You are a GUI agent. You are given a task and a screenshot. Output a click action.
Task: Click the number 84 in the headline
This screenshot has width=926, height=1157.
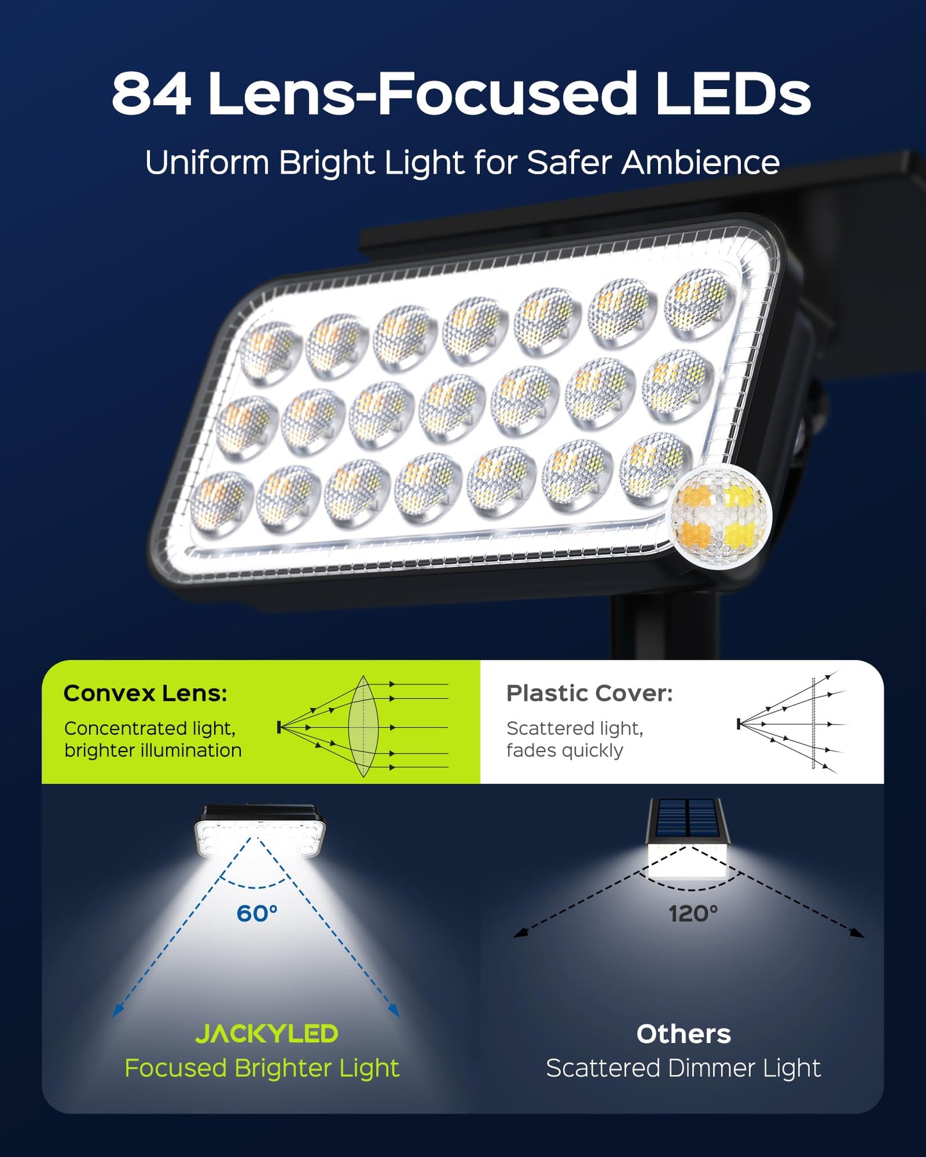pos(151,95)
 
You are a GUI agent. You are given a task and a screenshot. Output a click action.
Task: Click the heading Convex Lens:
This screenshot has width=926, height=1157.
pos(145,693)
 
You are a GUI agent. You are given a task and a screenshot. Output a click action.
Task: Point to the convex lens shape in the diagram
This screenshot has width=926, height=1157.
pos(363,726)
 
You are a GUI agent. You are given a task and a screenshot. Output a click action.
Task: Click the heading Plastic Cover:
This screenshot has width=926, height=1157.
pos(590,693)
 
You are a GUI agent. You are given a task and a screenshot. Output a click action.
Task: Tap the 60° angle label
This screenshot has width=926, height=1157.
pos(257,913)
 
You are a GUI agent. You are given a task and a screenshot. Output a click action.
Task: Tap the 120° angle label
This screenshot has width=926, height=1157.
pos(693,913)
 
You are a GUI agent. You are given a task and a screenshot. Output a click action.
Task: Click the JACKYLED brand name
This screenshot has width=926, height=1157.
pos(267,1033)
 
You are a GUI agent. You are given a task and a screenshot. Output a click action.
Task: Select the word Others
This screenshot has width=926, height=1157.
pos(683,1034)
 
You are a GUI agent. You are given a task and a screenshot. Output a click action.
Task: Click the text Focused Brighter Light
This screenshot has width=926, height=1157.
pos(261,1068)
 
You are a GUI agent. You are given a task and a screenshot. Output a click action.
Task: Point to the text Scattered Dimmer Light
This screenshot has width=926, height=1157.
pos(683,1068)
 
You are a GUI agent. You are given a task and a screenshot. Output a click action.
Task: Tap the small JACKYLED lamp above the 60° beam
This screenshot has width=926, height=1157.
pos(260,831)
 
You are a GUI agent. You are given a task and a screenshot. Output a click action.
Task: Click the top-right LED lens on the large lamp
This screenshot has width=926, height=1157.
pos(699,302)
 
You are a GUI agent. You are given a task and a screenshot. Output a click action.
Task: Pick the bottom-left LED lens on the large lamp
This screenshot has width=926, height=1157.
pos(220,501)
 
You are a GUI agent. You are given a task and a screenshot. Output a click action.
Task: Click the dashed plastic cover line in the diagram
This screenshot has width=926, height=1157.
pos(813,724)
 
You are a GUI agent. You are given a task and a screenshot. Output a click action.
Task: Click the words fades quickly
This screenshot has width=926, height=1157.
pos(564,750)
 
